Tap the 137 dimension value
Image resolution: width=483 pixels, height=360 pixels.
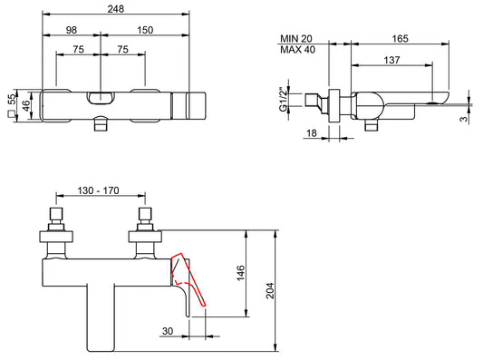tap(393, 59)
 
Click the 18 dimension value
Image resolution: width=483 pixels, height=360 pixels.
tap(312, 133)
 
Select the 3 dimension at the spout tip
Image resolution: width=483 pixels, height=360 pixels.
tap(464, 116)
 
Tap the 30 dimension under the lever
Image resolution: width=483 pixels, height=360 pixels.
tap(168, 332)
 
